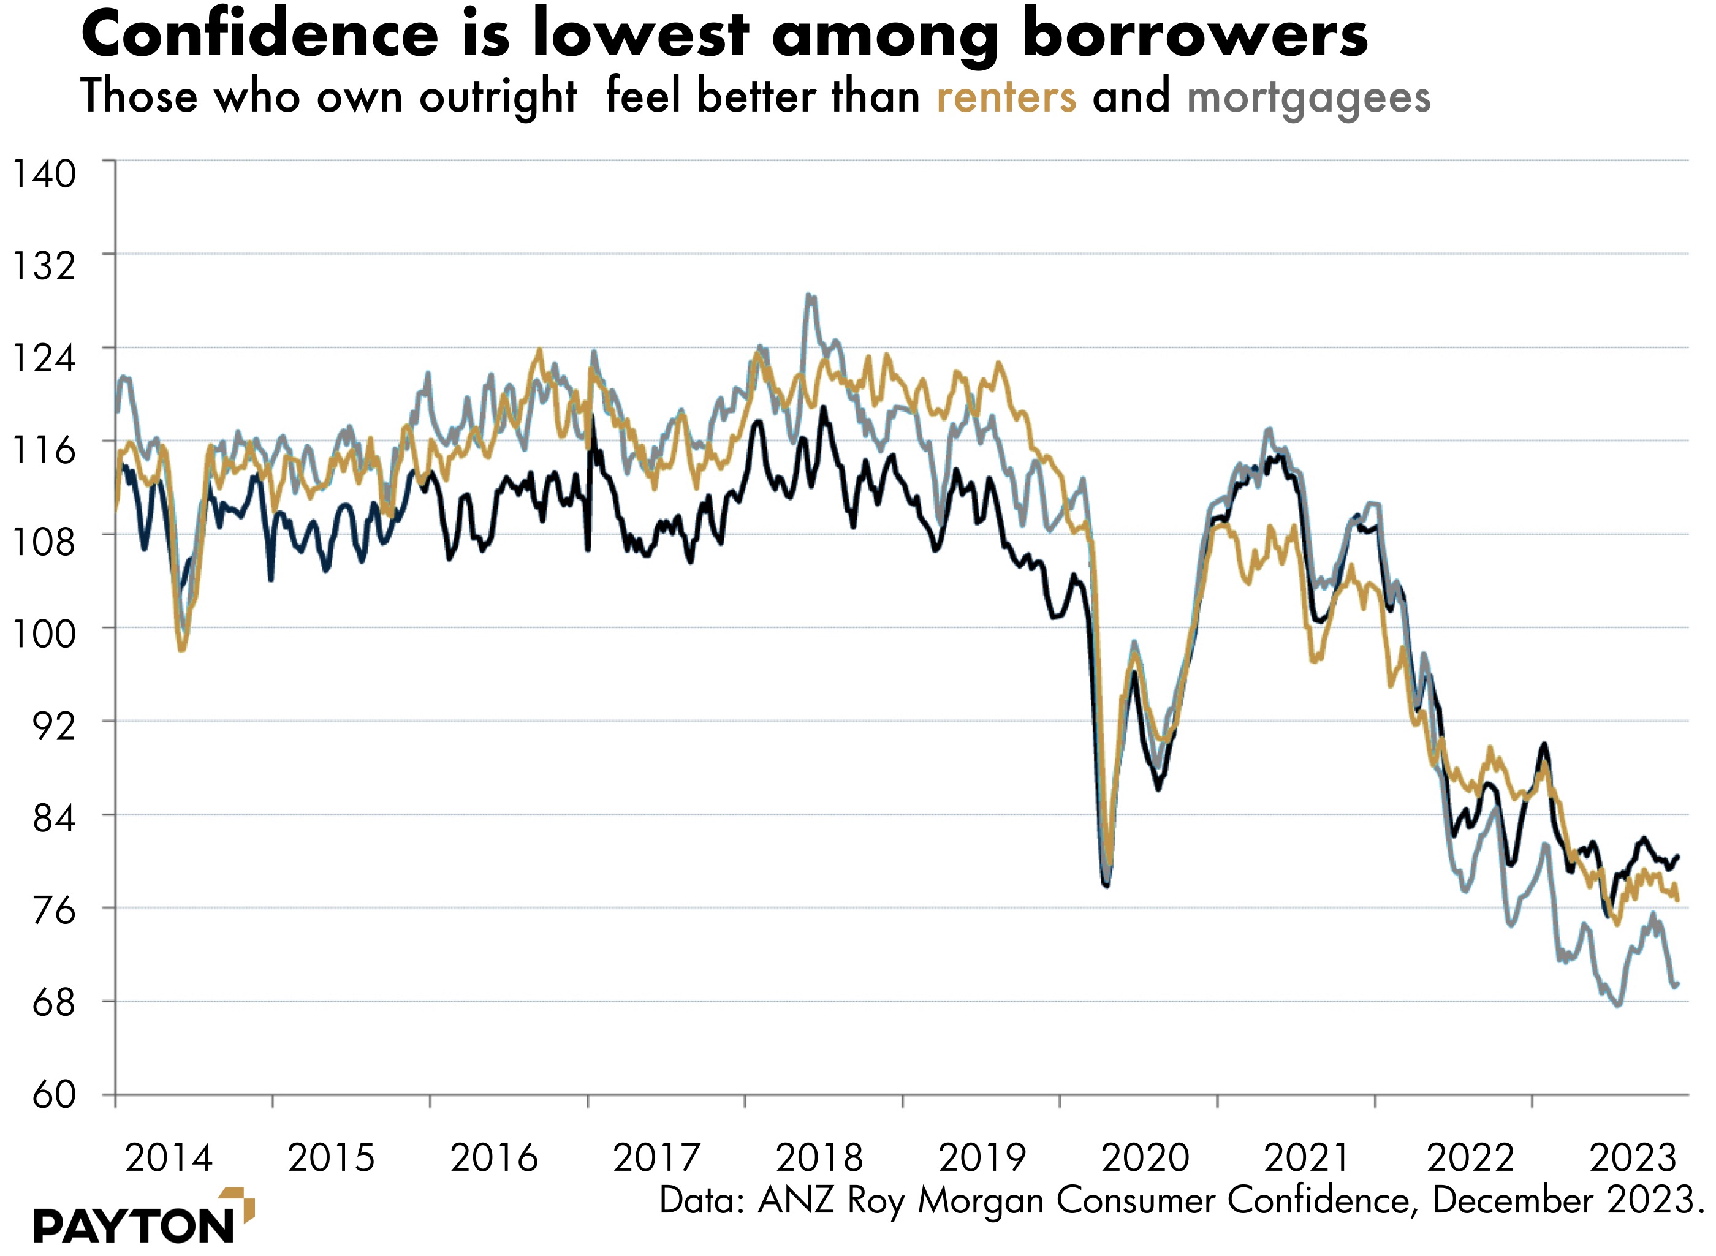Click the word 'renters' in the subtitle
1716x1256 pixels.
[1006, 97]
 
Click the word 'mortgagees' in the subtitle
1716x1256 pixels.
[1308, 99]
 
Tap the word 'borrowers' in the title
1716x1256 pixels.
[1195, 35]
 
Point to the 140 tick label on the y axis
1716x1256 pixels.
[44, 173]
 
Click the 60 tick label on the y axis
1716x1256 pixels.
[53, 1095]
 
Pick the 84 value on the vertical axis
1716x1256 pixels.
[53, 818]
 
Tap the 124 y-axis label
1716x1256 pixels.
[44, 357]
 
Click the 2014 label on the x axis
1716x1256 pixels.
[169, 1159]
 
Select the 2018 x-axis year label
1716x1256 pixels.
[819, 1159]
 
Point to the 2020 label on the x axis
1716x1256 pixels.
[1145, 1159]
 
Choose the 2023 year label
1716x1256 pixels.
[1633, 1159]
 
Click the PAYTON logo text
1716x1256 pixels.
[134, 1225]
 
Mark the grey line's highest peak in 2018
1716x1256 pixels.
[810, 296]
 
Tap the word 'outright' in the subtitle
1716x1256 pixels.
[499, 97]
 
